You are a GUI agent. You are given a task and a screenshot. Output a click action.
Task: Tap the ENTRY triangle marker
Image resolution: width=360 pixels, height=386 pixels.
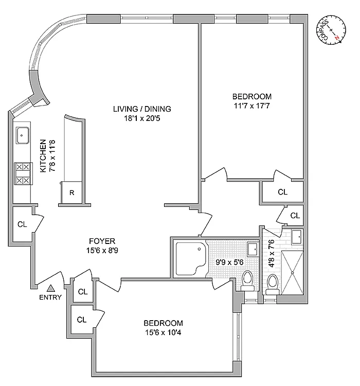coord(51,289)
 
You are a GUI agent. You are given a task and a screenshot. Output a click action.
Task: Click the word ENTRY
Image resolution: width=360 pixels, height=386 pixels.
coord(51,297)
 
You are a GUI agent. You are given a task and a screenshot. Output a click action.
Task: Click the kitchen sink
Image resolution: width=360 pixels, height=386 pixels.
coord(23,136)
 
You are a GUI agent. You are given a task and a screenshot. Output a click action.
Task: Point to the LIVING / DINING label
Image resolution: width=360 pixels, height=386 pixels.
coord(142,109)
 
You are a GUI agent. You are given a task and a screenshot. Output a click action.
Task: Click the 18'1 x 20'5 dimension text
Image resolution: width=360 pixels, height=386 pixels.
coord(142,118)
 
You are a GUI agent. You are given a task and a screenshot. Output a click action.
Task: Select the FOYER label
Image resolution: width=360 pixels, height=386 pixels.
coord(102,241)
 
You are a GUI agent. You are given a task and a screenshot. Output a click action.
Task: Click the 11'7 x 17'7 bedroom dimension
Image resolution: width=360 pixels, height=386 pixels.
coord(251,105)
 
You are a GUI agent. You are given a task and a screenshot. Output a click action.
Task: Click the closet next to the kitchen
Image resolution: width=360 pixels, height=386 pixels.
coord(22,224)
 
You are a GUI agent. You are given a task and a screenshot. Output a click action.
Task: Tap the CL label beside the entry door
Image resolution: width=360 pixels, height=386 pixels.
coord(82,292)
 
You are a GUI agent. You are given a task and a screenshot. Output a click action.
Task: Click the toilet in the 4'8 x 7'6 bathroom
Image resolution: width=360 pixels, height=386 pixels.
coord(273,283)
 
